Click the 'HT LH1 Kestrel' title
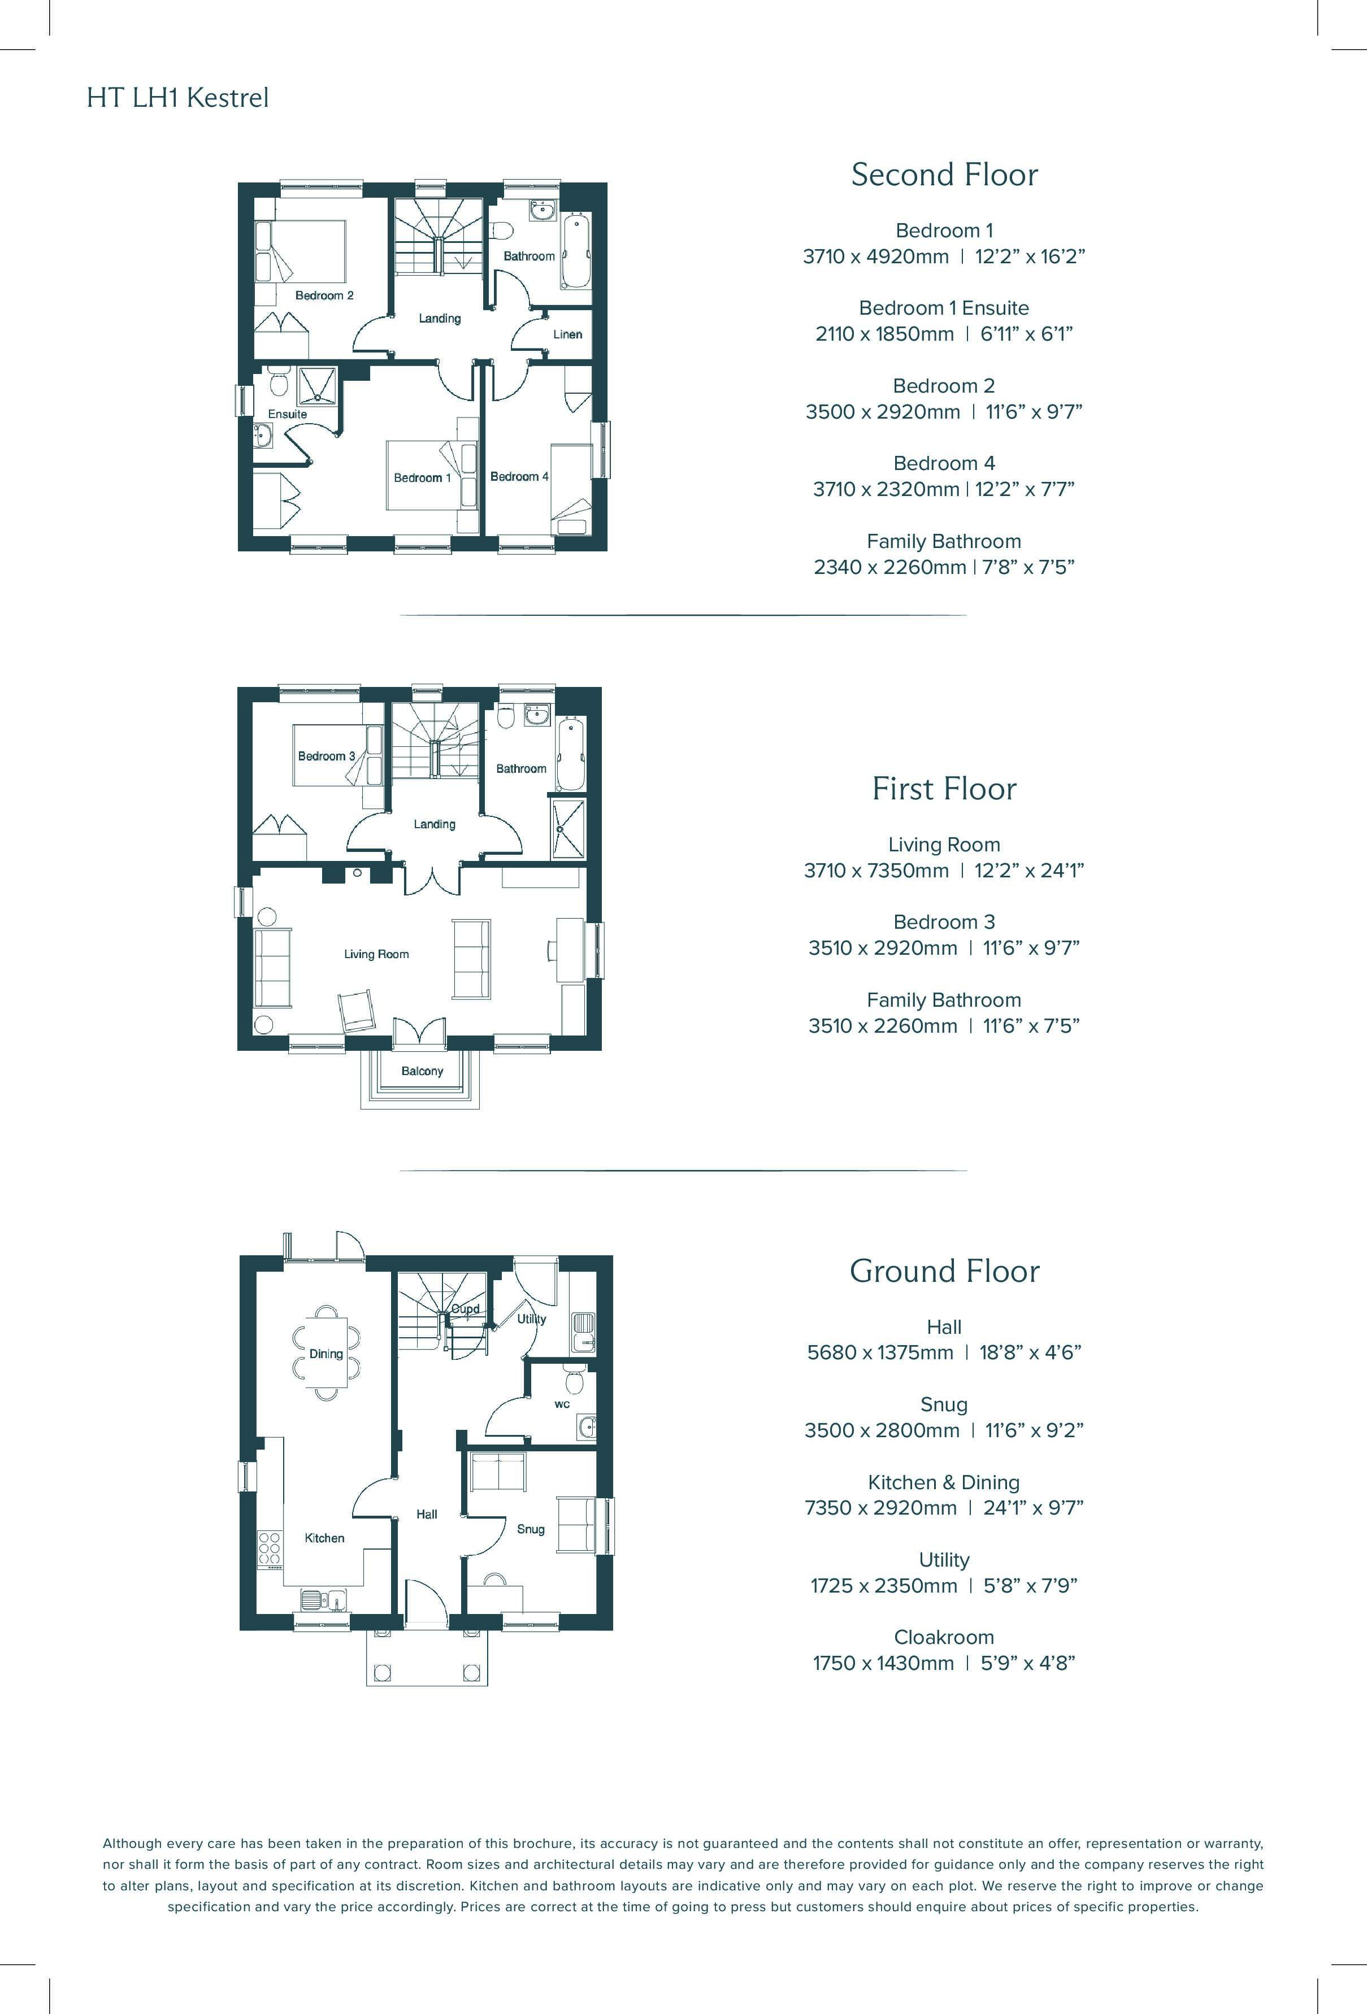(x=177, y=98)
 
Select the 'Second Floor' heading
(x=944, y=175)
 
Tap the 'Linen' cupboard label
(x=568, y=334)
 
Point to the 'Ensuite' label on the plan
(x=288, y=414)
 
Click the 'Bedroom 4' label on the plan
(x=519, y=477)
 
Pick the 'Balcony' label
(x=422, y=1071)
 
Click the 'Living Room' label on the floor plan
(x=376, y=954)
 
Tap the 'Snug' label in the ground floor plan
(x=531, y=1529)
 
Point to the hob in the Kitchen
(x=270, y=1548)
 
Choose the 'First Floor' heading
(x=944, y=789)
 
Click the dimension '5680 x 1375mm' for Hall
(x=880, y=1353)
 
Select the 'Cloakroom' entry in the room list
(x=944, y=1637)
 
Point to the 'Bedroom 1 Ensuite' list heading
(x=944, y=308)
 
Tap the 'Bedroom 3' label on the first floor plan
(x=327, y=756)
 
